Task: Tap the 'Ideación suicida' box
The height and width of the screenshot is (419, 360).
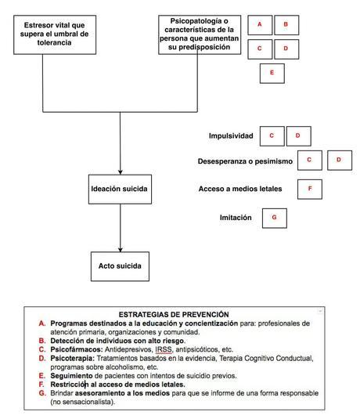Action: click(x=119, y=189)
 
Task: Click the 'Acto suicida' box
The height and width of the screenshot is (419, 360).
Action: click(x=119, y=265)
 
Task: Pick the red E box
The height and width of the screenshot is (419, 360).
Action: click(x=272, y=73)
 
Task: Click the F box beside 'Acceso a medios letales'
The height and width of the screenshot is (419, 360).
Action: click(x=310, y=189)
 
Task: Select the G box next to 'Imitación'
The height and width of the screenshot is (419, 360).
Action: click(x=274, y=217)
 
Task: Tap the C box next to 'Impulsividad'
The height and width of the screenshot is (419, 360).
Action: click(x=272, y=135)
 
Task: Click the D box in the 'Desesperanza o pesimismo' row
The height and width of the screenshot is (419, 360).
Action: click(x=339, y=161)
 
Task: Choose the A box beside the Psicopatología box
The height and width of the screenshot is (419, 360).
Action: click(x=259, y=25)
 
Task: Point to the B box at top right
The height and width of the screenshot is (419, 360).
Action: click(x=286, y=25)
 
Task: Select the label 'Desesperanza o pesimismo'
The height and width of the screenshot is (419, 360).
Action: click(x=245, y=161)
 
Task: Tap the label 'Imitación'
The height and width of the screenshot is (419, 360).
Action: click(x=236, y=218)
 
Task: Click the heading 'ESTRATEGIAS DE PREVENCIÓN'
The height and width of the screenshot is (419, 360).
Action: click(x=174, y=314)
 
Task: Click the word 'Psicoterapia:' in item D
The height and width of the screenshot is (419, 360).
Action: click(x=74, y=359)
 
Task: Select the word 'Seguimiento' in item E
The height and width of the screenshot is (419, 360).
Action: click(x=72, y=376)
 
